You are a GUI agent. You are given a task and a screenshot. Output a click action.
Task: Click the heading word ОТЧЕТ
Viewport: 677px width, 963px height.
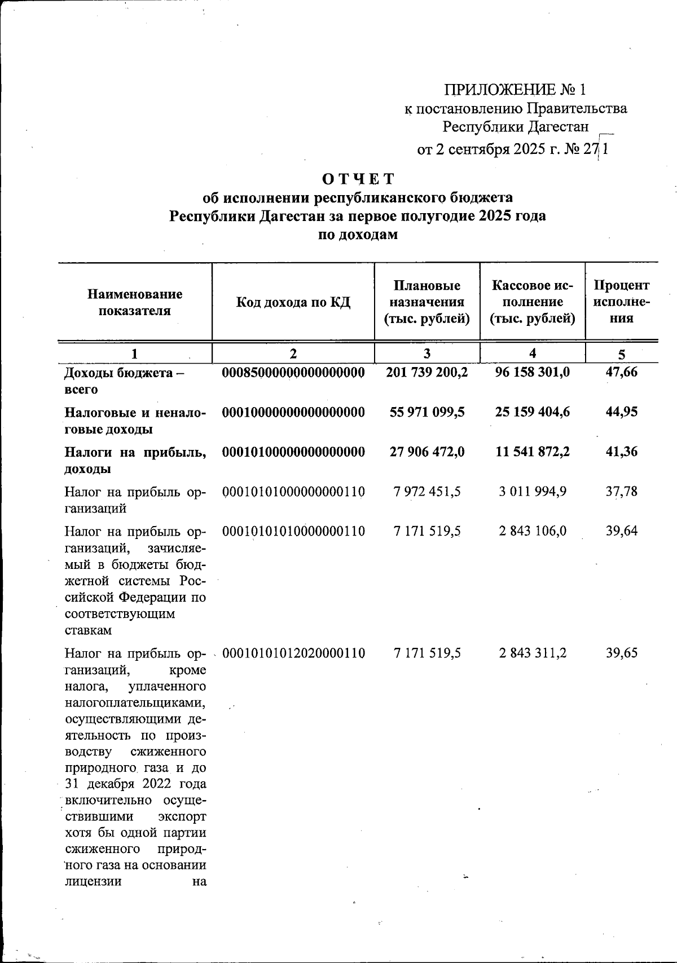click(x=358, y=179)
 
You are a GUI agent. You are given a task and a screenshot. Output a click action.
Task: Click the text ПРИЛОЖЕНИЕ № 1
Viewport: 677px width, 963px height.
click(x=515, y=90)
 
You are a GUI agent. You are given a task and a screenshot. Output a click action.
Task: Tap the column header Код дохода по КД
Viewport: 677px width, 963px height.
click(x=293, y=302)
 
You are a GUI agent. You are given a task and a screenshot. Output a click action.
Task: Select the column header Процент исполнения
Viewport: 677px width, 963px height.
click(x=622, y=302)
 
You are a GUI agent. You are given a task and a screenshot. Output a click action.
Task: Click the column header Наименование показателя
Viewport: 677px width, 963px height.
click(x=135, y=302)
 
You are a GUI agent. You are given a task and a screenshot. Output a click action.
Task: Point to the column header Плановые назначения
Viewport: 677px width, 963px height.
click(x=427, y=302)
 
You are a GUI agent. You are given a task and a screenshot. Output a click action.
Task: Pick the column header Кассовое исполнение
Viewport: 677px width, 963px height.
click(x=532, y=302)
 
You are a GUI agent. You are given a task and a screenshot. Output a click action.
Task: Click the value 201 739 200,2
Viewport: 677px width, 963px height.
click(x=427, y=373)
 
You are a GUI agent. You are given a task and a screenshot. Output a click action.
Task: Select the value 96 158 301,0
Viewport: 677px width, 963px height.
click(x=533, y=373)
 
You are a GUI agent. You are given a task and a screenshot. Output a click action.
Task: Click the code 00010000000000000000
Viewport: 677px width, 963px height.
click(x=293, y=412)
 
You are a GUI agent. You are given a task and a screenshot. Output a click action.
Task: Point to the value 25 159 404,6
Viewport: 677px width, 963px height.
click(x=533, y=412)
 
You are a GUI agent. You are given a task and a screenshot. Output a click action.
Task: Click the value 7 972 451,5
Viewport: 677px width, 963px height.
click(x=427, y=492)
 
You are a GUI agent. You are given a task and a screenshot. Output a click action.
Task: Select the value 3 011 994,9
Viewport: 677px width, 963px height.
click(x=533, y=492)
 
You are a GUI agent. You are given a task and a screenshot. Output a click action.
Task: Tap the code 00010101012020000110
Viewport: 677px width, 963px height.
click(x=293, y=653)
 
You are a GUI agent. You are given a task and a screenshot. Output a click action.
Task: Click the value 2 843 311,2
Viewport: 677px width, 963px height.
click(x=533, y=653)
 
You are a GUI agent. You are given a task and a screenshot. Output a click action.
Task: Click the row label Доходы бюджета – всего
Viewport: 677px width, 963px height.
click(x=124, y=381)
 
